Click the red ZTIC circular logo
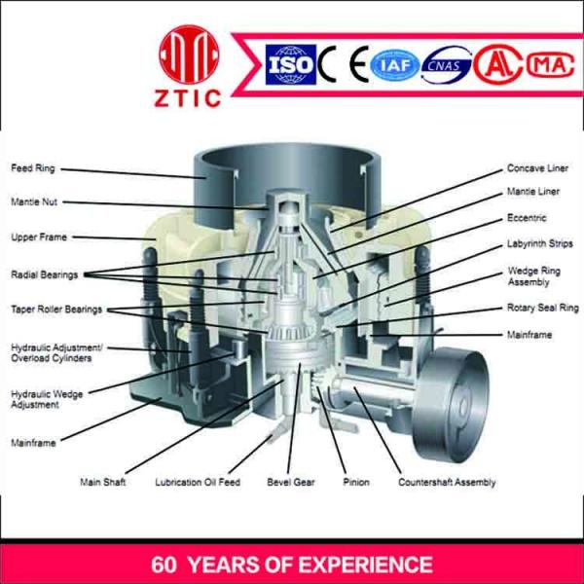189,55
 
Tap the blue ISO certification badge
290,64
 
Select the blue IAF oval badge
395,66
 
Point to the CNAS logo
446,65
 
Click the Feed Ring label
33,168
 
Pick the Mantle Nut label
34,201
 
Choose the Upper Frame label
39,237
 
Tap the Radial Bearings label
45,274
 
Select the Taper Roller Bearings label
56,310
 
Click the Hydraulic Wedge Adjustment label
47,399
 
